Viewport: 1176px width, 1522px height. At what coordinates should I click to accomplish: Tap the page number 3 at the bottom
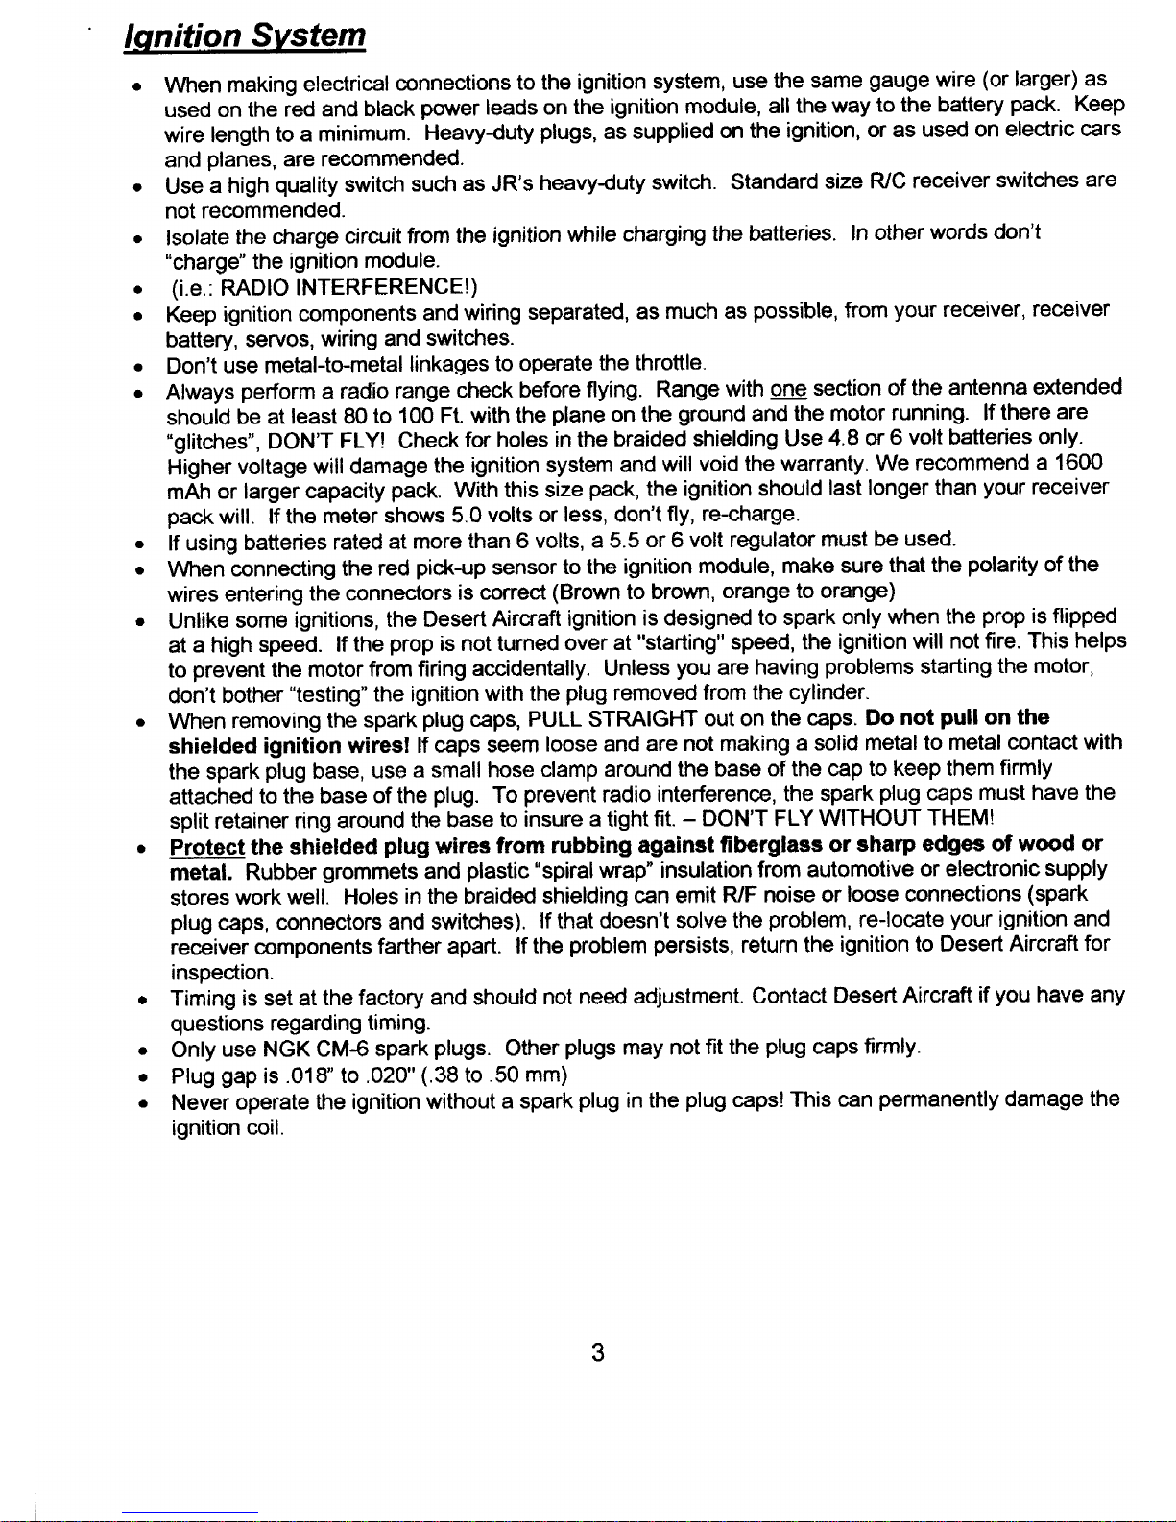[x=597, y=1354]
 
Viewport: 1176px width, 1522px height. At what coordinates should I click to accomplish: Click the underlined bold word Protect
[x=206, y=846]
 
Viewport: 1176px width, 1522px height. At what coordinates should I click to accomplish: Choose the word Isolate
[x=199, y=235]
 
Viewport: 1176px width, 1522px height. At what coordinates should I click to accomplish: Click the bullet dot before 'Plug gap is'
[x=140, y=1075]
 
